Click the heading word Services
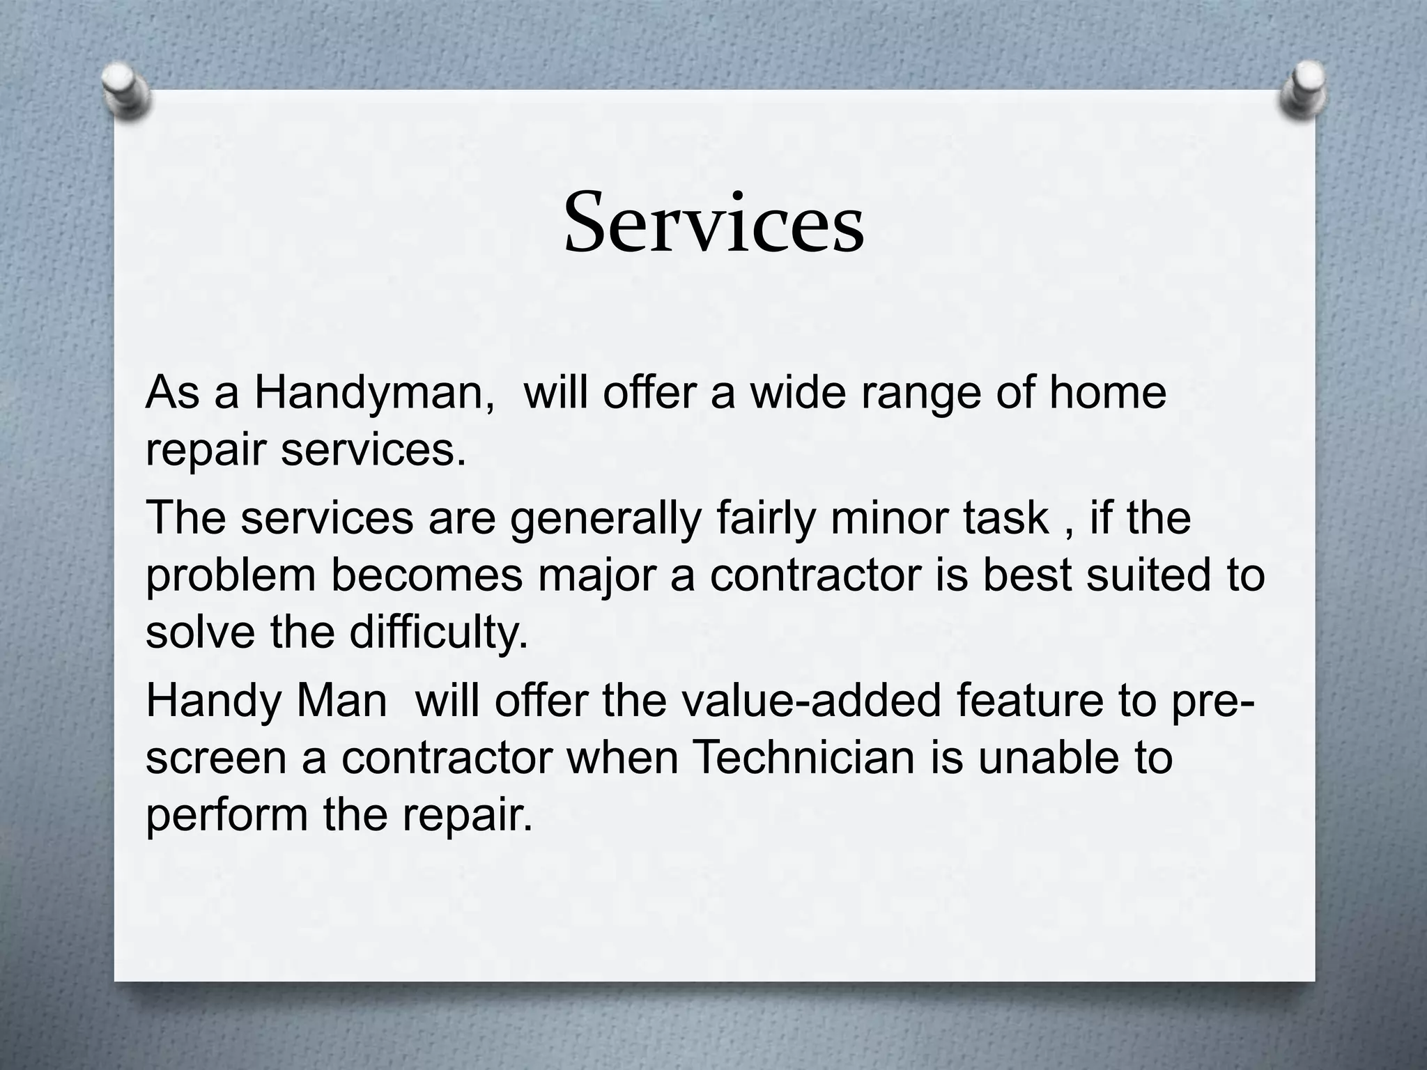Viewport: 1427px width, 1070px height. (713, 223)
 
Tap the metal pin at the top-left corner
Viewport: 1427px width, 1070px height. (125, 91)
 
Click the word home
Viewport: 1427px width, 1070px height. (1108, 393)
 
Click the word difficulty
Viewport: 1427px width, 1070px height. (438, 633)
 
